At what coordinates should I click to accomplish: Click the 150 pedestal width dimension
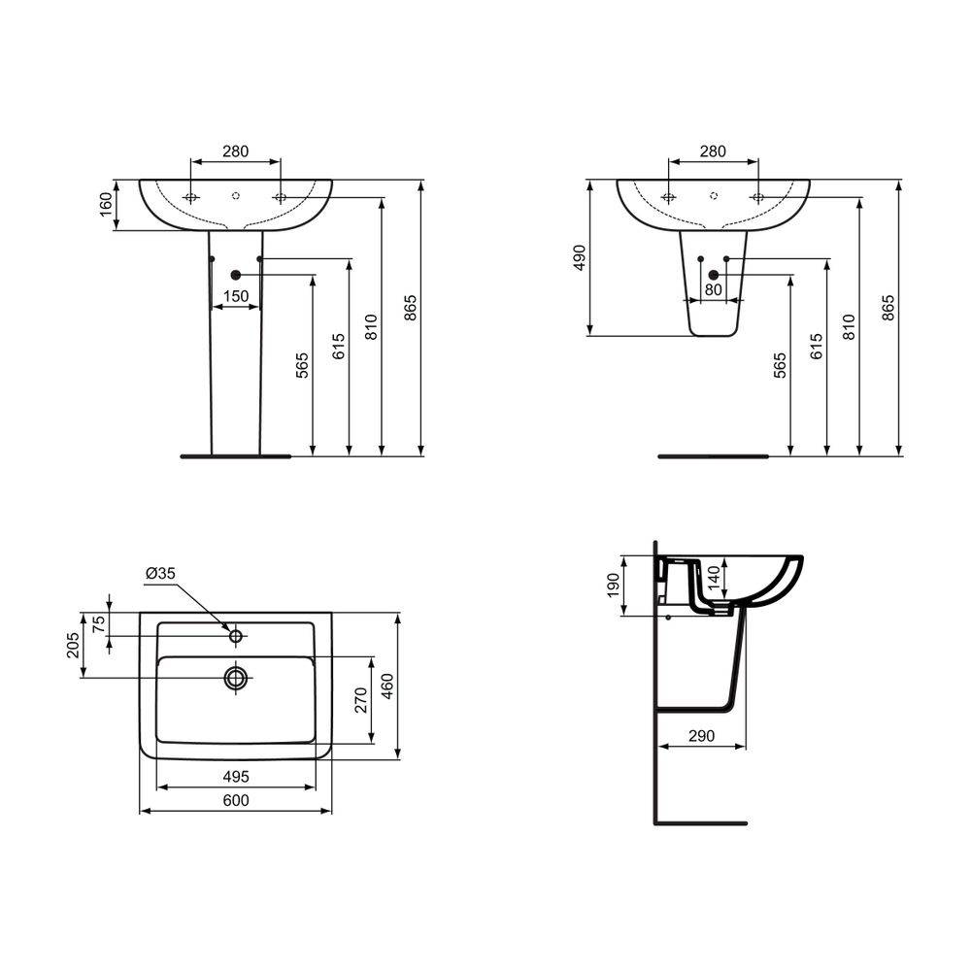point(236,296)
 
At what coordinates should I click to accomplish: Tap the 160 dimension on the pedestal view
point(107,205)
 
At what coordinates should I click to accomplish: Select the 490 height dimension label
point(580,257)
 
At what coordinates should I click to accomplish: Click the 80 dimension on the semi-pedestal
point(713,289)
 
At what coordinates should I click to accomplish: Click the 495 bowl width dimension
point(236,776)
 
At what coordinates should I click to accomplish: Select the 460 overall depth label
point(385,686)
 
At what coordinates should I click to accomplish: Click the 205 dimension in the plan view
point(74,646)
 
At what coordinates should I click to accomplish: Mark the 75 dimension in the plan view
point(98,623)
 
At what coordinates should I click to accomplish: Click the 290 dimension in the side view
point(701,736)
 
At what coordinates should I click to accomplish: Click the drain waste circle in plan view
point(236,677)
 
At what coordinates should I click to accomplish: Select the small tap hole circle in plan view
point(235,636)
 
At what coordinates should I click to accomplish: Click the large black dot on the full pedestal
point(235,276)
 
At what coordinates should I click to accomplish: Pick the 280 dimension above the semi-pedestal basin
point(713,151)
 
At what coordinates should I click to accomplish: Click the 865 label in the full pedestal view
point(410,309)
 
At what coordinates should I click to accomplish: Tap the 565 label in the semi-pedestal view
point(780,366)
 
